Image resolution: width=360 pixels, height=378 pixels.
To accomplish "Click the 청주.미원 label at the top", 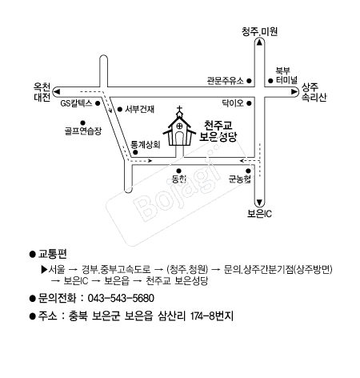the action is pos(259,31).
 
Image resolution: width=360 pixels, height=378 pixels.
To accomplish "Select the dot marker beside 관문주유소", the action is pos(249,80).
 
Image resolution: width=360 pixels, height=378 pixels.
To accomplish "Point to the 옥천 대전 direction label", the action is pos(42,92).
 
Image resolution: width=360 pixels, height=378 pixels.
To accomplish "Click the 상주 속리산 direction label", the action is pos(314,92).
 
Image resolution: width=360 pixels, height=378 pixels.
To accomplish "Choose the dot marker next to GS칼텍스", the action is pos(98,103).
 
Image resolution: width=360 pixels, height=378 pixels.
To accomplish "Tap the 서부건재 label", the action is pos(140,109).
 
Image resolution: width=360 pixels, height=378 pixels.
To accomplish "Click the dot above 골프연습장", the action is pos(82,123).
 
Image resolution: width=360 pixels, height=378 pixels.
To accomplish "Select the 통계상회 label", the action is pos(146,145).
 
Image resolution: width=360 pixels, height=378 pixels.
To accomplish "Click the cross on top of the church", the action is pos(180,109).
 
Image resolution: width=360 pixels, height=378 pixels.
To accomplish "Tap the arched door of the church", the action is pos(180,139).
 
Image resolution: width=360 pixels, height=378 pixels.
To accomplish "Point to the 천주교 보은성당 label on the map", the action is pos(218,131).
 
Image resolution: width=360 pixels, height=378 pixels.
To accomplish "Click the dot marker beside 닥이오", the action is pos(249,103).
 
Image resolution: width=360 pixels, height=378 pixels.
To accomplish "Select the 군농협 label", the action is pos(240,179).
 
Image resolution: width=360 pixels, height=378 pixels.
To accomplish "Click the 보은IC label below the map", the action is pos(259,214).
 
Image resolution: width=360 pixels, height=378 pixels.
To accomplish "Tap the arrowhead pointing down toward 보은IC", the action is pos(259,202).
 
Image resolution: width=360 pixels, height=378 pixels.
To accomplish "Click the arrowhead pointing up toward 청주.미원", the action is pos(259,42).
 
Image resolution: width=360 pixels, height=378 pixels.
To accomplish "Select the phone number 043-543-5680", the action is pos(121,298).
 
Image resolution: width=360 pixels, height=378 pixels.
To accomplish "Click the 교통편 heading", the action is pos(53,254).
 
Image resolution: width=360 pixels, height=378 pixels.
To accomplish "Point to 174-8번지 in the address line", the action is pos(212,316).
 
